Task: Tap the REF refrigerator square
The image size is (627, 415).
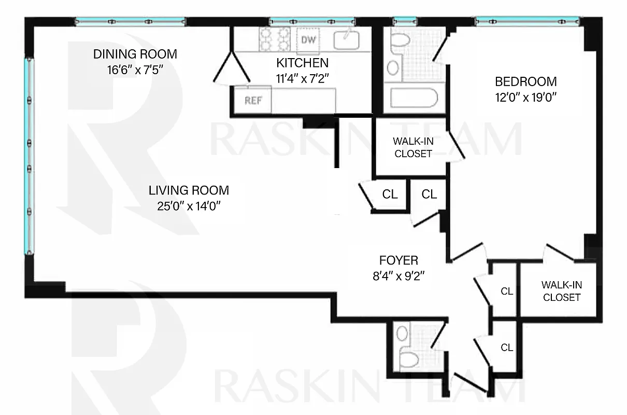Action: coord(252,100)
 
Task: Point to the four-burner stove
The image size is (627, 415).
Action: coord(275,39)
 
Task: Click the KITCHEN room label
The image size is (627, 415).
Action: coord(302,63)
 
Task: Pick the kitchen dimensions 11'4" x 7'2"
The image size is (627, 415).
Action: coord(302,77)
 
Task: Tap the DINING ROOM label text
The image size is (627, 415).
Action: coord(135,54)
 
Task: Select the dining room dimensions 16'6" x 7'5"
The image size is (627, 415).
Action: coord(135,69)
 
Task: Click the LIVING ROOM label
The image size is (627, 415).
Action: coord(189,190)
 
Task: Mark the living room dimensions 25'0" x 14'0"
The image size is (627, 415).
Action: coord(189,206)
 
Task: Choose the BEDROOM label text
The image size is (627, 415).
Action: coord(525,81)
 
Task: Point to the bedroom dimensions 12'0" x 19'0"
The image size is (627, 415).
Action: coord(525,96)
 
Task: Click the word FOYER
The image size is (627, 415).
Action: coord(398,260)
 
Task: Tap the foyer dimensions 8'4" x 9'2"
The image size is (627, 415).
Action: coord(398,275)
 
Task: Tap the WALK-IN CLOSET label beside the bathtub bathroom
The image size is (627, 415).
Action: coord(412,147)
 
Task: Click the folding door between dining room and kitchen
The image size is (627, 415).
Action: coord(231,67)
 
